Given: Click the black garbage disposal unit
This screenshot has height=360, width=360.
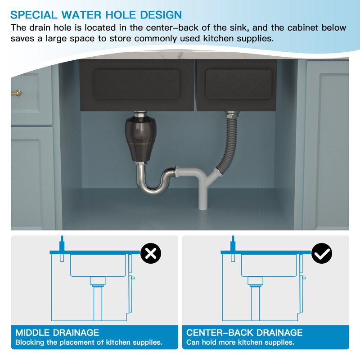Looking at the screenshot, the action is (140, 139).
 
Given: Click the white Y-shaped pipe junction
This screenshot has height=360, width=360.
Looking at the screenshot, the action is (202, 184).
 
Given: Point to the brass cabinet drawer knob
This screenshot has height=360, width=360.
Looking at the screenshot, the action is (17, 93).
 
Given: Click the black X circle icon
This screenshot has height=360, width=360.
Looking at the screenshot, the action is (151, 253).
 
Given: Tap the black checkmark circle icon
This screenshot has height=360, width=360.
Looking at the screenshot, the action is (322, 253).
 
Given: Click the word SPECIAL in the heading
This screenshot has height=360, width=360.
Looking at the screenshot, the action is (34, 15).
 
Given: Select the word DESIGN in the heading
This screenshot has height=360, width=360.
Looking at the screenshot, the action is (161, 15).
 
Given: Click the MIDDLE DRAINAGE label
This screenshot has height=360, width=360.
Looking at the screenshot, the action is (57, 333).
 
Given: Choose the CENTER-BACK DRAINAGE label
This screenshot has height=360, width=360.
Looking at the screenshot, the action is (244, 333).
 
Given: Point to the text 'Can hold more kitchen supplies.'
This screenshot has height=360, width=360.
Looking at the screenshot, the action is (240, 342).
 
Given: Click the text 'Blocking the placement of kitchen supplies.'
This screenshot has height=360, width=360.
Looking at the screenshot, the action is (89, 342).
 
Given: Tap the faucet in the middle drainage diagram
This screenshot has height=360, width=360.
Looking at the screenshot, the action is (62, 248).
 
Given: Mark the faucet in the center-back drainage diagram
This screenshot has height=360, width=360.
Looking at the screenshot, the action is (233, 248).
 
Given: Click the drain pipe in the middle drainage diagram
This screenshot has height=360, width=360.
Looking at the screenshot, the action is (98, 298).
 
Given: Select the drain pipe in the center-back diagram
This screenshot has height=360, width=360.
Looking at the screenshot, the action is (255, 298).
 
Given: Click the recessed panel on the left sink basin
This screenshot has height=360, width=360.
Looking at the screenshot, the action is (137, 84).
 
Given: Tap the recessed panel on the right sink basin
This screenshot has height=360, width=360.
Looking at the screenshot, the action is (238, 84).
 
